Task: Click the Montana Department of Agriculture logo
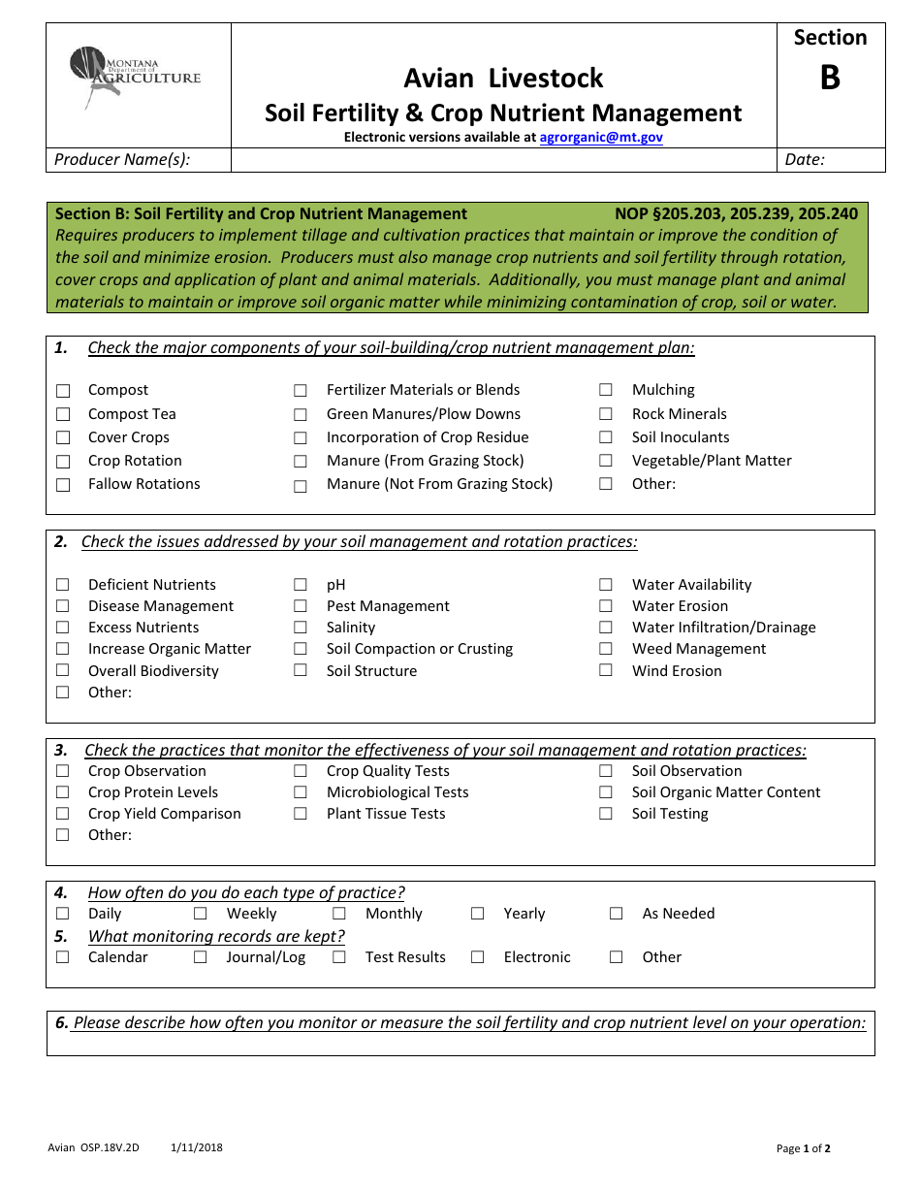[x=135, y=77]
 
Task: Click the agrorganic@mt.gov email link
[x=601, y=138]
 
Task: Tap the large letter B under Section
[x=830, y=78]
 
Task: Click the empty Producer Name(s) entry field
[x=503, y=160]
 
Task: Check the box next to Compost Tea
[x=63, y=415]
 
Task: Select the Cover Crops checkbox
[x=63, y=438]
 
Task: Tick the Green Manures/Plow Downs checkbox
[x=301, y=415]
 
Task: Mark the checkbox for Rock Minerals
[x=606, y=414]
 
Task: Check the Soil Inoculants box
[x=606, y=437]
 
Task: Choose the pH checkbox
[x=301, y=585]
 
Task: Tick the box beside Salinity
[x=301, y=628]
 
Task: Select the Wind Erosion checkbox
[x=606, y=670]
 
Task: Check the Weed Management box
[x=606, y=649]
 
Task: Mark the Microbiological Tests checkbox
[x=301, y=792]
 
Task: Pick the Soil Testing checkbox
[x=606, y=814]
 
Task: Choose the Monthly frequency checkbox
[x=339, y=914]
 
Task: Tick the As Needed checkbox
[x=617, y=914]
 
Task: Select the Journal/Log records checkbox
[x=201, y=957]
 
